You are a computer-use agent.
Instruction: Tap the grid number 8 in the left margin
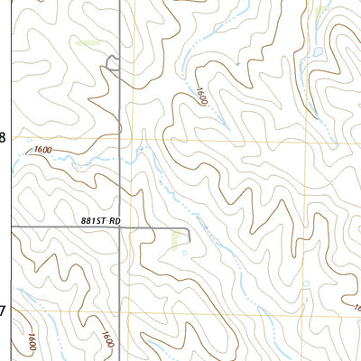coord(3,138)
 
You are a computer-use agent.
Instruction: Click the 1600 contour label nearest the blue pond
coord(199,97)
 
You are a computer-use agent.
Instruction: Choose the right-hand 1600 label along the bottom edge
coord(107,341)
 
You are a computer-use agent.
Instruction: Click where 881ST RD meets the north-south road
coord(121,227)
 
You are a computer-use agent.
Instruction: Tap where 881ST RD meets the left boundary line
coord(12,227)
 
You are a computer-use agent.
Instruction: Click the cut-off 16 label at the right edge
coord(356,310)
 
